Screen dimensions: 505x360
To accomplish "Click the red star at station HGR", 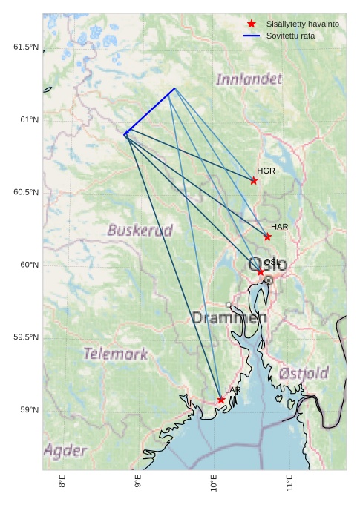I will pos(254,181).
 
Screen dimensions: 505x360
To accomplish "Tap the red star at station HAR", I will pos(267,237).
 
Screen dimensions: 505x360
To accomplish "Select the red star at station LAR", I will pos(221,400).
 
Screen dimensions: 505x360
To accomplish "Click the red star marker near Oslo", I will pos(261,272).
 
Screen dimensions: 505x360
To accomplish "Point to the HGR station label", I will pos(266,171).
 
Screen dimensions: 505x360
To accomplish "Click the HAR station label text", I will pos(279,226).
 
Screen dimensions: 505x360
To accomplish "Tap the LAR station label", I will pos(233,389).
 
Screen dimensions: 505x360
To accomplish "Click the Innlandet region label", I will pos(249,79).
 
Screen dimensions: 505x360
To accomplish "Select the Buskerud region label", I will pos(140,230).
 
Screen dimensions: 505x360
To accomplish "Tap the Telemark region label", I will pos(115,354).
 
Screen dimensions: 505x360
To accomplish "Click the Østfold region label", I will pos(304,372).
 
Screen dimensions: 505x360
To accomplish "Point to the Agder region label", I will pos(65,450).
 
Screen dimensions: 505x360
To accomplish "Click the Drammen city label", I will pos(229,317).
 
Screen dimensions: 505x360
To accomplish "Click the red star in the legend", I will pos(252,24).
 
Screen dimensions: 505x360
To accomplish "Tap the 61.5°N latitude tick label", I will pos(25,47).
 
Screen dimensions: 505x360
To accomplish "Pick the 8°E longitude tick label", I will pos(62,482).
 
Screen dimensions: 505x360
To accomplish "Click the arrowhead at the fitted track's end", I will pos(125,133).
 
